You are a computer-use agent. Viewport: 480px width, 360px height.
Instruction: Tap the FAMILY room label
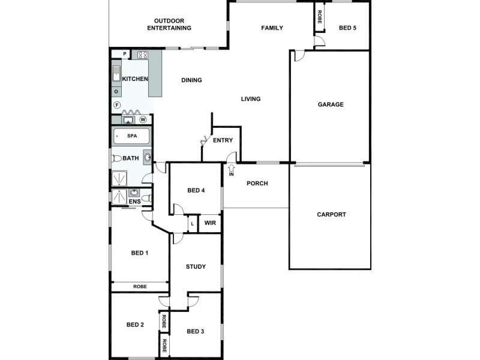click(x=272, y=28)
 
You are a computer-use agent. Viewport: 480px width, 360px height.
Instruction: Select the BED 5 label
click(x=347, y=28)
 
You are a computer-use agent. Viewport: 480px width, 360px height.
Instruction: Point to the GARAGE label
click(x=331, y=104)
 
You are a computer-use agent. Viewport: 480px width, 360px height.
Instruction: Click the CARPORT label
click(x=331, y=214)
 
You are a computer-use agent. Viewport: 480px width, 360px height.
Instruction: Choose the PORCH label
click(x=257, y=184)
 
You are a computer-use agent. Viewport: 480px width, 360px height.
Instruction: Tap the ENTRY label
click(x=223, y=140)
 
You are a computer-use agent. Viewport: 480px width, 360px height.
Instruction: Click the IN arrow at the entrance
click(x=231, y=169)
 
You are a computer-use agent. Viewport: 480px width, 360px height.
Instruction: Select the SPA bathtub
click(x=131, y=136)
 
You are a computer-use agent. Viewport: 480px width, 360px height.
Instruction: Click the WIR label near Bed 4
click(x=210, y=223)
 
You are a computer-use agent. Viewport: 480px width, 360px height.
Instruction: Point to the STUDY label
click(x=196, y=266)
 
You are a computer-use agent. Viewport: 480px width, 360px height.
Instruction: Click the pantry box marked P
click(x=124, y=54)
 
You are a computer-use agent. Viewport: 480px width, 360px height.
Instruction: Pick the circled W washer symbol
click(x=143, y=119)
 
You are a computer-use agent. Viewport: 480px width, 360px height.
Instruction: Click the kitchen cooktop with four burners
click(x=143, y=55)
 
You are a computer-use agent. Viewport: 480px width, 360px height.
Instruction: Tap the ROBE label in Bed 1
click(x=140, y=287)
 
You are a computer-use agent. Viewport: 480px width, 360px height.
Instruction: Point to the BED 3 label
click(x=196, y=331)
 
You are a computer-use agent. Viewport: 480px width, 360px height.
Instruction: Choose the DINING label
click(x=191, y=80)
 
